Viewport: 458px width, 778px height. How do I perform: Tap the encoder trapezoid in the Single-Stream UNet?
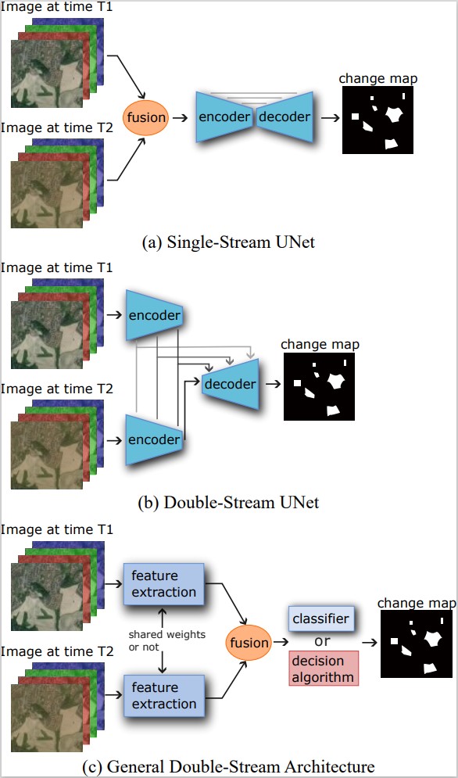point(224,117)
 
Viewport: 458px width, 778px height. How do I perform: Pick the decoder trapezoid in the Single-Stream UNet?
point(284,117)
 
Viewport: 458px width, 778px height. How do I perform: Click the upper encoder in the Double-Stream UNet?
point(155,316)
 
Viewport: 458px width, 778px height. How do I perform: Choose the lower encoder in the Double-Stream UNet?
point(155,439)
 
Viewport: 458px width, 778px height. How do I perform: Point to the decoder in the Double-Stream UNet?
point(229,384)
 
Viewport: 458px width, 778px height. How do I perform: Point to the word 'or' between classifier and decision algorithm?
point(321,642)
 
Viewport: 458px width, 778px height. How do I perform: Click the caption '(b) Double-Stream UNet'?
point(229,502)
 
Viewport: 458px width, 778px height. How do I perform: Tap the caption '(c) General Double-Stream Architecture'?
point(229,765)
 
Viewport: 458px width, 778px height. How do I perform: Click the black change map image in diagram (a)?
point(377,120)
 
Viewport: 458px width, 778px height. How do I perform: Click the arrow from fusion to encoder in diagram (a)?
point(181,118)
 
